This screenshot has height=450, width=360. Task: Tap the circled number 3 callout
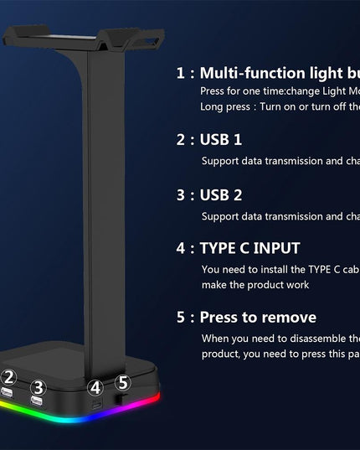(38, 387)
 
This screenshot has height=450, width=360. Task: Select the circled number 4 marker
(96, 387)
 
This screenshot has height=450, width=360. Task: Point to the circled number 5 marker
(122, 382)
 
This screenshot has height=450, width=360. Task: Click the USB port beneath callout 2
(8, 394)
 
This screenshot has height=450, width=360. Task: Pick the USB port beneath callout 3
(37, 403)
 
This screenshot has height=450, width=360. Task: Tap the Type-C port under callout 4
(99, 404)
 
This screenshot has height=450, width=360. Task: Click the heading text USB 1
(221, 139)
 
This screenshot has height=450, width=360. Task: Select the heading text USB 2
(221, 194)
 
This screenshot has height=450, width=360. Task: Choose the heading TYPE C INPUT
(249, 248)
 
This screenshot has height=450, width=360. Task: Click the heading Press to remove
(258, 318)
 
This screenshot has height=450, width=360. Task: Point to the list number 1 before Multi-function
(181, 73)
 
